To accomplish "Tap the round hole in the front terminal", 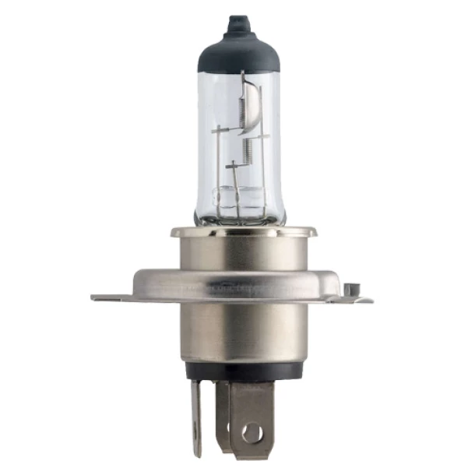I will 252,431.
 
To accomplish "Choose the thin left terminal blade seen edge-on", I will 195,417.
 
